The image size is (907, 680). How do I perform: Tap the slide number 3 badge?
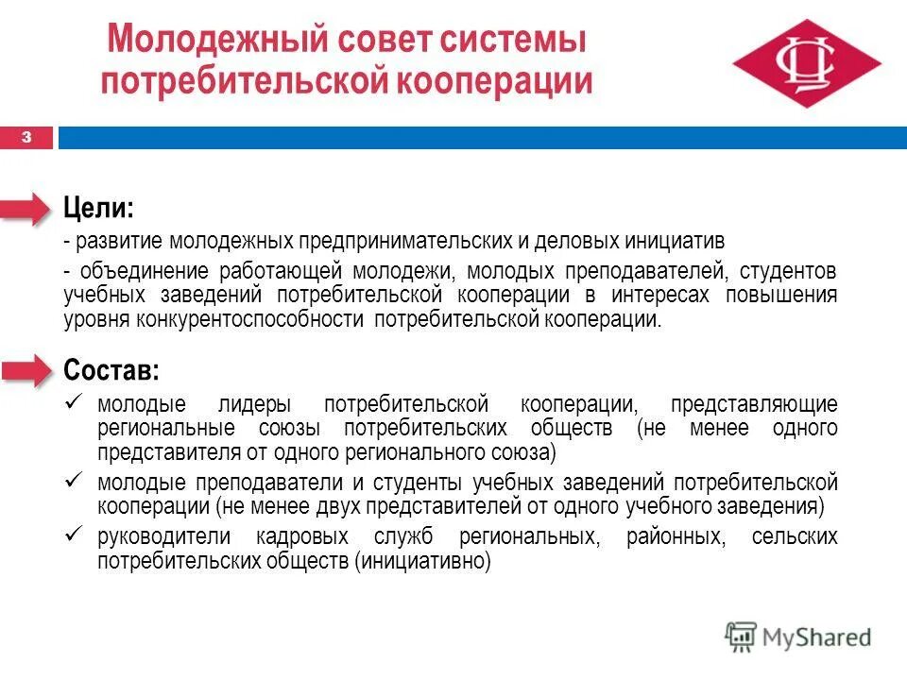[x=26, y=138]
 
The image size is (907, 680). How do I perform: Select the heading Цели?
[x=98, y=207]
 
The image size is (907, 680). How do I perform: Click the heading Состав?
[x=111, y=367]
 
